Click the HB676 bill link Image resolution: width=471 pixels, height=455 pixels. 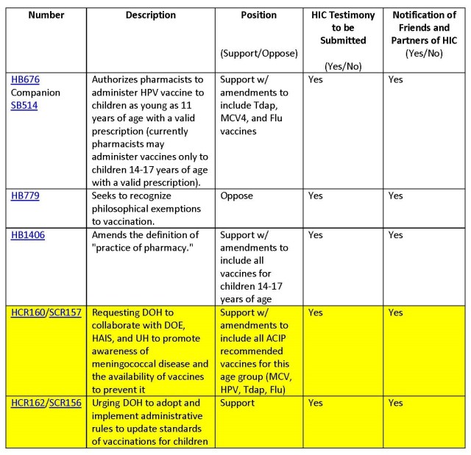pyautogui.click(x=25, y=79)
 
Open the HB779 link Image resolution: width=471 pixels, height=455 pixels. pyautogui.click(x=25, y=196)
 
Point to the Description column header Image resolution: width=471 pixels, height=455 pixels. pyautogui.click(x=150, y=15)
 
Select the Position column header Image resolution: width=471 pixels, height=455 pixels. pyautogui.click(x=259, y=15)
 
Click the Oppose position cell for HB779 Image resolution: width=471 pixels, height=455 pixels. pyautogui.click(x=236, y=196)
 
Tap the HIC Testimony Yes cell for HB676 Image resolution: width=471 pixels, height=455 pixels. pyautogui.click(x=316, y=79)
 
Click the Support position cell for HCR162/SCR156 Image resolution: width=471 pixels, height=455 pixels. pyautogui.click(x=238, y=403)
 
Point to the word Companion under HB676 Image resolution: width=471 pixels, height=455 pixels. pyautogui.click(x=35, y=92)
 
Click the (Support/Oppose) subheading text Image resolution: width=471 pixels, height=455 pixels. pyautogui.click(x=259, y=54)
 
